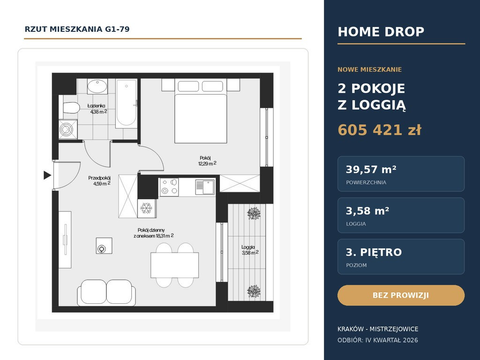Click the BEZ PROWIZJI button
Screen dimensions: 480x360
point(401,295)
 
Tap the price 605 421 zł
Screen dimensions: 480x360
point(379,130)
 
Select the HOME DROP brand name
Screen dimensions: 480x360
point(381,32)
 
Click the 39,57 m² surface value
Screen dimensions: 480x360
point(371,169)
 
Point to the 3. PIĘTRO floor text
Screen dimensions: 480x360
point(374,252)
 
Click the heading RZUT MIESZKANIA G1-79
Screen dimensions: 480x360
point(77,29)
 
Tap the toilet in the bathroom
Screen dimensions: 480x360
point(71,108)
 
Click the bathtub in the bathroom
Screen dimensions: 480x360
point(126,104)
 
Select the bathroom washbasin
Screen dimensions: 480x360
point(97,86)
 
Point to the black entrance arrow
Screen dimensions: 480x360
point(47,175)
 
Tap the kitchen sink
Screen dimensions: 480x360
point(205,187)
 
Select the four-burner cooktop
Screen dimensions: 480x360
point(169,187)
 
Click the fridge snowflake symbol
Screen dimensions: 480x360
point(146,209)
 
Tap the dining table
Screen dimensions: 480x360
point(174,265)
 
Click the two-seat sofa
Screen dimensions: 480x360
point(106,292)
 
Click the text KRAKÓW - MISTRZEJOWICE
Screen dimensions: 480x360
point(378,329)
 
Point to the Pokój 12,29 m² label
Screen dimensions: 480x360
point(207,161)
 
